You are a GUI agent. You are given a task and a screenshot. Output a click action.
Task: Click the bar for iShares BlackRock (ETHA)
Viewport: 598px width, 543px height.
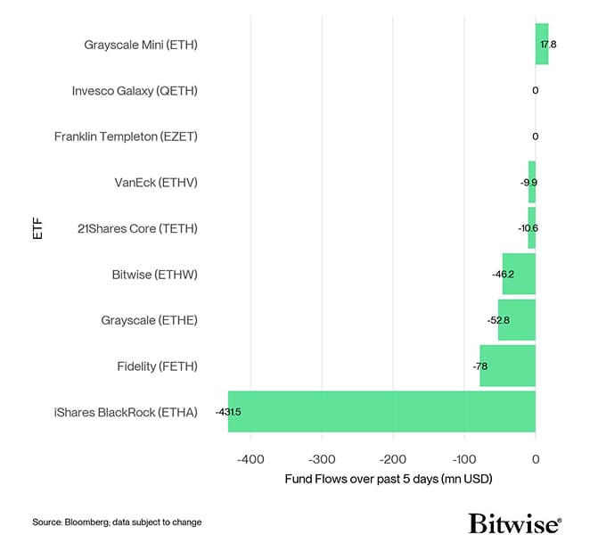point(381,412)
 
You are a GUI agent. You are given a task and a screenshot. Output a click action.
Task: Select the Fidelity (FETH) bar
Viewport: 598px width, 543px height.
point(507,366)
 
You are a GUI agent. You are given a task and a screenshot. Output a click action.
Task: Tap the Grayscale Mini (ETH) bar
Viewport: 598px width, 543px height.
point(542,44)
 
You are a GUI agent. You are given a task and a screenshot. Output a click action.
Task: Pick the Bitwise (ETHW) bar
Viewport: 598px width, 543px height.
point(519,274)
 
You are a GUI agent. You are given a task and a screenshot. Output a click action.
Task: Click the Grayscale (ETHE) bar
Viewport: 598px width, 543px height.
point(516,320)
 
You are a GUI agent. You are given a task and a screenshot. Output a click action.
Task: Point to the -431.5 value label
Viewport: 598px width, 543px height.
point(228,412)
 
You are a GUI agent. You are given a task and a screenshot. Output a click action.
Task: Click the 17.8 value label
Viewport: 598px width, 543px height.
point(549,44)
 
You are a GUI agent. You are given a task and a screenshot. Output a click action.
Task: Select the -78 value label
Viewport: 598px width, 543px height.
point(480,366)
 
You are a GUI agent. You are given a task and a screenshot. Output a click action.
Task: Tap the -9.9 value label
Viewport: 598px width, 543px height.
point(529,182)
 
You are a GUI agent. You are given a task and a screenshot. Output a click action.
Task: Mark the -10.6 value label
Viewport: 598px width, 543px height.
point(528,228)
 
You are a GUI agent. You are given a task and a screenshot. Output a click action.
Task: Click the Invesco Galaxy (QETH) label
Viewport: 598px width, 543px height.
point(135,90)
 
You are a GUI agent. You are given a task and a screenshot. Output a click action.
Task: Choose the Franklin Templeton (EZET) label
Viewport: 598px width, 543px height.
point(126,136)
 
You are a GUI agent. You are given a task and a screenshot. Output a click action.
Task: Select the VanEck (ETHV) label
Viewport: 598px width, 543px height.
point(156,182)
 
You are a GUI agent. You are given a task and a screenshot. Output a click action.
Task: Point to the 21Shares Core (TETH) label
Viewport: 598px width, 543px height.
point(137,228)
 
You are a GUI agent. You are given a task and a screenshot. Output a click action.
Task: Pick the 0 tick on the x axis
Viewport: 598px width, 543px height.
point(536,458)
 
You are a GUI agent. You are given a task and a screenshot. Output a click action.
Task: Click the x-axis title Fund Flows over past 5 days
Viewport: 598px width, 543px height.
point(389,479)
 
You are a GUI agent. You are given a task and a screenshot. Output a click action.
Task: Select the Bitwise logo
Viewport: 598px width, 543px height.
point(514,522)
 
